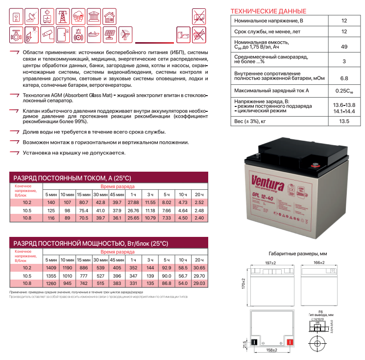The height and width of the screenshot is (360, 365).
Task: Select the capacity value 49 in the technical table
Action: (344, 47)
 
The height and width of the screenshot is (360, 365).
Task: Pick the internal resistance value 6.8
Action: (344, 78)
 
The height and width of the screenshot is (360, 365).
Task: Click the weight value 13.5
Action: (344, 121)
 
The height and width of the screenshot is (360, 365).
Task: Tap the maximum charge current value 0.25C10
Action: (344, 91)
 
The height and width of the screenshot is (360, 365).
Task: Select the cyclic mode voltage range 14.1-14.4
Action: (344, 111)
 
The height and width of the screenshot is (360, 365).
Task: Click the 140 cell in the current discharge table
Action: (51, 202)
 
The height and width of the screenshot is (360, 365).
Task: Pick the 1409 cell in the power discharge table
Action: (51, 268)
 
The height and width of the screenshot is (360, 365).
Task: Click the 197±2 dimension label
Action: (270, 263)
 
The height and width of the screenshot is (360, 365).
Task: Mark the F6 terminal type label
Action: (321, 311)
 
